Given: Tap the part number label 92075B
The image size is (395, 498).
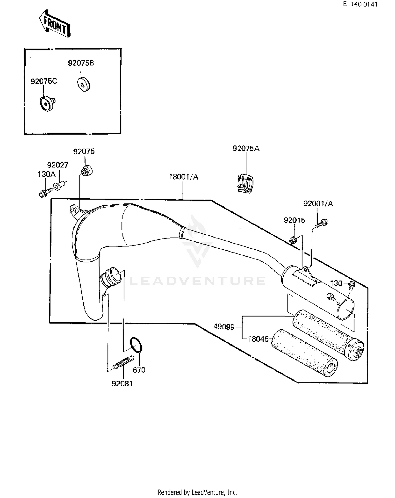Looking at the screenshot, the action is click(x=81, y=63).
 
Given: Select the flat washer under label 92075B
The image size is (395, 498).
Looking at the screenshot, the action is click(x=84, y=84).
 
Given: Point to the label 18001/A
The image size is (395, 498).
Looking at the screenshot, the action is click(x=184, y=177).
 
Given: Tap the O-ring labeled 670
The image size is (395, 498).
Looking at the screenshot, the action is click(x=136, y=345).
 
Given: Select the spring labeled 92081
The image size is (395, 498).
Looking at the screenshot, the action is click(x=123, y=362).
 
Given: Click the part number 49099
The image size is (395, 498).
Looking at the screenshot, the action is click(x=224, y=327).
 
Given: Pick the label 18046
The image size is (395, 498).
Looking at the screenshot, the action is click(x=258, y=339).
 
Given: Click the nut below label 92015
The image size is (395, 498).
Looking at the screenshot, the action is click(x=293, y=240).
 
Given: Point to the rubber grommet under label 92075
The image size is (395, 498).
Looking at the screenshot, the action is click(x=87, y=170).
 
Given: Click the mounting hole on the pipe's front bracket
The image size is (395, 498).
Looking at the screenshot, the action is click(x=73, y=210).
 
